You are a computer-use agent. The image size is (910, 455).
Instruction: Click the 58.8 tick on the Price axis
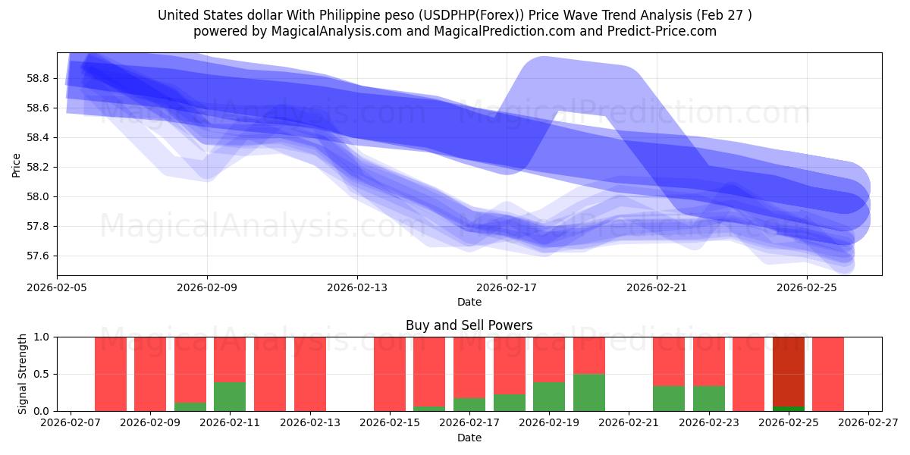[x=39, y=78]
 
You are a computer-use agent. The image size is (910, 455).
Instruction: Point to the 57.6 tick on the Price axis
[x=39, y=256]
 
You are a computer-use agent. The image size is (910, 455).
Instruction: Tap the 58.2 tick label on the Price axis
[x=39, y=167]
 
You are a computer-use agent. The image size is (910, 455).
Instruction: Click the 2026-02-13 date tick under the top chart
[x=357, y=288]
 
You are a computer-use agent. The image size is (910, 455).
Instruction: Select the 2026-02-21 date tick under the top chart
[x=656, y=288]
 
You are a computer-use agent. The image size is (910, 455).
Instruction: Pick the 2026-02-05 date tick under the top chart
[x=58, y=288]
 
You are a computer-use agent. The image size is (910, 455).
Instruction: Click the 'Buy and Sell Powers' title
[x=469, y=325]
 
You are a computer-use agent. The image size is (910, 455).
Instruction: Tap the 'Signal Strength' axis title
[x=23, y=373]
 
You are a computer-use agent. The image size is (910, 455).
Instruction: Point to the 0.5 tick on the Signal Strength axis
[x=42, y=374]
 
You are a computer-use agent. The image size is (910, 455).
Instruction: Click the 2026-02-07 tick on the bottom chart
[x=71, y=423]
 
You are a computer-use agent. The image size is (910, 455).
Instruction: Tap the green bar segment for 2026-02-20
[x=588, y=392]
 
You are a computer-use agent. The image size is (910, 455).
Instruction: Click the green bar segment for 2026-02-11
[x=230, y=396]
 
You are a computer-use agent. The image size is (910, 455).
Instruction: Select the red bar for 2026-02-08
[x=111, y=374]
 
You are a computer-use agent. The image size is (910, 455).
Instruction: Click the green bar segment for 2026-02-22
[x=668, y=398]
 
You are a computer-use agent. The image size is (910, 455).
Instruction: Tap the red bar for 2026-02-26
[x=827, y=374]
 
